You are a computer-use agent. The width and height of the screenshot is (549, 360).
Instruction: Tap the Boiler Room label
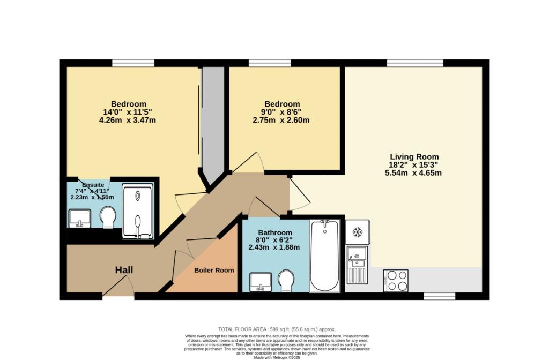[214, 271]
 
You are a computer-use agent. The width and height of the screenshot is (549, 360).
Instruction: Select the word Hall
[124, 271]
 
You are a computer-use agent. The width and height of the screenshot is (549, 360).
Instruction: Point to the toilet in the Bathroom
[285, 279]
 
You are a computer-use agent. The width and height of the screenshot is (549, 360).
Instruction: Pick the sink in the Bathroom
[261, 281]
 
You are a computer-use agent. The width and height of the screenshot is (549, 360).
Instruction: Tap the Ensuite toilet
[108, 217]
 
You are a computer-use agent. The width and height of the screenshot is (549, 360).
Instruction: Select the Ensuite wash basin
[79, 217]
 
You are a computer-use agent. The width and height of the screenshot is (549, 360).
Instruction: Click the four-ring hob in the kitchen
[396, 280]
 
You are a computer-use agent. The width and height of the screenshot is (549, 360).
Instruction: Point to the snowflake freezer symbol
[357, 232]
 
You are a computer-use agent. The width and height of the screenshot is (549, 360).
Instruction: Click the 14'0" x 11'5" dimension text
[129, 112]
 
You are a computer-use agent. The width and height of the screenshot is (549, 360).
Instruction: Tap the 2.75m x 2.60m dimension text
[282, 120]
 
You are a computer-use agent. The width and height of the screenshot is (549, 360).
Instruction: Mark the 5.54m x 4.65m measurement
[413, 172]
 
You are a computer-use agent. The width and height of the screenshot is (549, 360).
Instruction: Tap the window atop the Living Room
[415, 63]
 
